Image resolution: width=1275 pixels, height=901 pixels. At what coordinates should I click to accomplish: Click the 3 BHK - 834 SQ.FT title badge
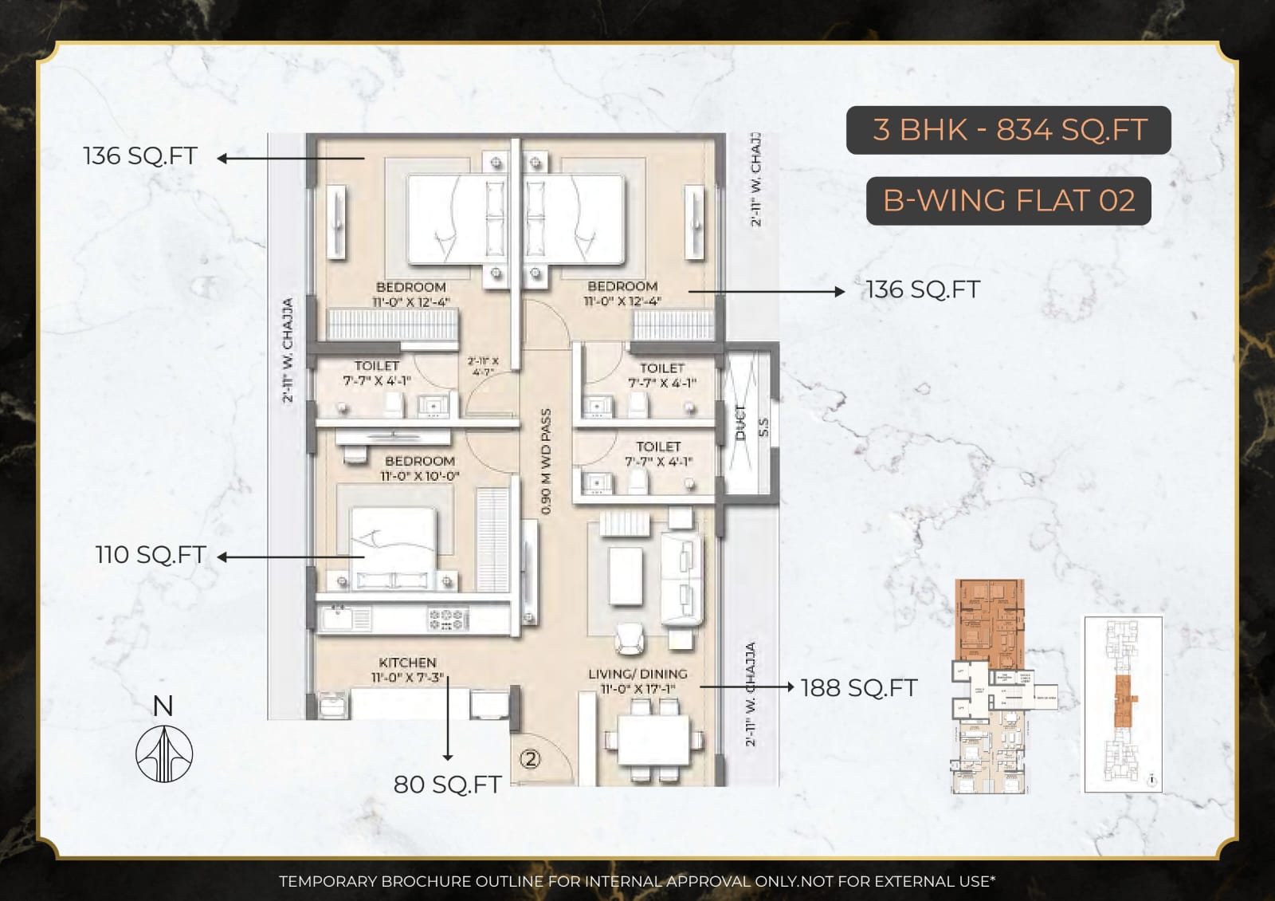[x=1008, y=130]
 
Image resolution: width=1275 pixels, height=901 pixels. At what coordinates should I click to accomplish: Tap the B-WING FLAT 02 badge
[x=1008, y=201]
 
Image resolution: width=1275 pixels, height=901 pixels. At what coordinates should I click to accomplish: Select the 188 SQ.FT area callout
[x=858, y=688]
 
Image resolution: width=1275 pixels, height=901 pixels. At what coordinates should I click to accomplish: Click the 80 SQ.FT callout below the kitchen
[x=447, y=785]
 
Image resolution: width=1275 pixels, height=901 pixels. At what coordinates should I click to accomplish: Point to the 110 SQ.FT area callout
[x=151, y=555]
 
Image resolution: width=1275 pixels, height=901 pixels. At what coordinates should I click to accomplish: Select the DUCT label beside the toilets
[x=740, y=422]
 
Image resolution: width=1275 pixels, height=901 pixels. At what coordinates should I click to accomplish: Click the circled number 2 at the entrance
[x=531, y=758]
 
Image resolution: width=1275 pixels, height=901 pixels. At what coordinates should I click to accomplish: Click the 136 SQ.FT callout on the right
[x=923, y=289]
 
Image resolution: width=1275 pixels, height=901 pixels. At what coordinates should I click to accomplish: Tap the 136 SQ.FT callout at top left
[x=140, y=155]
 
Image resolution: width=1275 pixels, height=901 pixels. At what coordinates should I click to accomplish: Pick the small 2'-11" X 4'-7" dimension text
[x=483, y=366]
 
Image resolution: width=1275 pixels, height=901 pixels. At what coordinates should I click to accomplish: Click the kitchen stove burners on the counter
[x=446, y=618]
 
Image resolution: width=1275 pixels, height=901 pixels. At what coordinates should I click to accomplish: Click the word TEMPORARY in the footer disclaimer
[x=328, y=881]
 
